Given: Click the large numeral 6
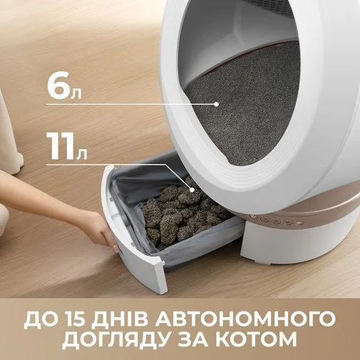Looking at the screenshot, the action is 58,86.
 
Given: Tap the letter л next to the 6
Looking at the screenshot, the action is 76,94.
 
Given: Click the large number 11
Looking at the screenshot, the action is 61,146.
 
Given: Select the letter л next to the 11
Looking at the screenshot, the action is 81,155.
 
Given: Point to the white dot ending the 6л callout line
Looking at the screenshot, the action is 216,104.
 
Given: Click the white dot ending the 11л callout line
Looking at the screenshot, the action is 192,190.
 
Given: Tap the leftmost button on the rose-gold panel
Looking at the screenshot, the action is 253,217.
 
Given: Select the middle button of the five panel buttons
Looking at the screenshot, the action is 276,222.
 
